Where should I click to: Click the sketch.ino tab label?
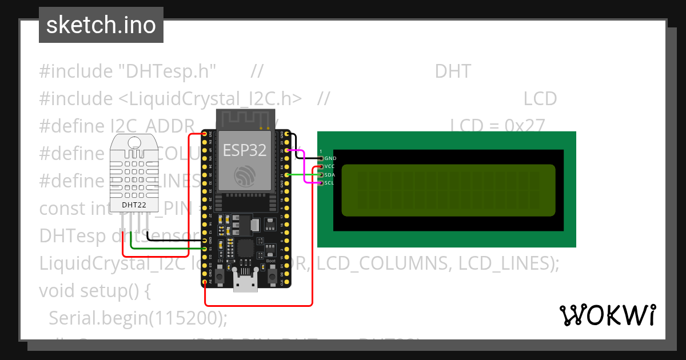pyautogui.click(x=101, y=25)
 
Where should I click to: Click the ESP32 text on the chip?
pyautogui.click(x=245, y=150)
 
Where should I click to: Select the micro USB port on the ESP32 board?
pyautogui.click(x=245, y=282)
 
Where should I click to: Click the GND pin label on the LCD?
pyautogui.click(x=330, y=158)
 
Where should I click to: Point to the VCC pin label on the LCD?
pyautogui.click(x=330, y=166)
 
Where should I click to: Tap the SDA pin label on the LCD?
pyautogui.click(x=330, y=175)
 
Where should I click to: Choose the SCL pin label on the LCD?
pyautogui.click(x=329, y=183)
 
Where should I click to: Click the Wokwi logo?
pyautogui.click(x=608, y=315)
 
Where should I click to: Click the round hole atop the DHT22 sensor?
pyautogui.click(x=135, y=142)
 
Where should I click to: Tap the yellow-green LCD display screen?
pyautogui.click(x=448, y=190)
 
